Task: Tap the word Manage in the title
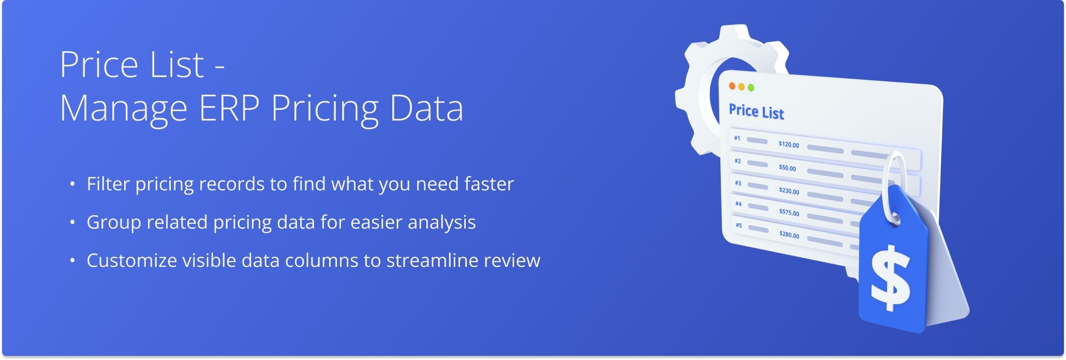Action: point(124,111)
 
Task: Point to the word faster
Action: point(489,184)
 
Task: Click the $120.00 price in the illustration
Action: point(789,144)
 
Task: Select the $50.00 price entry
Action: point(788,168)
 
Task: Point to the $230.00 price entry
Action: point(789,191)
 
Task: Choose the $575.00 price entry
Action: point(789,212)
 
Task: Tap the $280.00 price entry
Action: point(789,234)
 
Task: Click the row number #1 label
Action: point(737,138)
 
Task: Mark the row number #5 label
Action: point(739,225)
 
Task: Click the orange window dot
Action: point(732,86)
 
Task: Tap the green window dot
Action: point(751,87)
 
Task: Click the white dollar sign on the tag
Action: point(890,278)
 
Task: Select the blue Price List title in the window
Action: point(756,111)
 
